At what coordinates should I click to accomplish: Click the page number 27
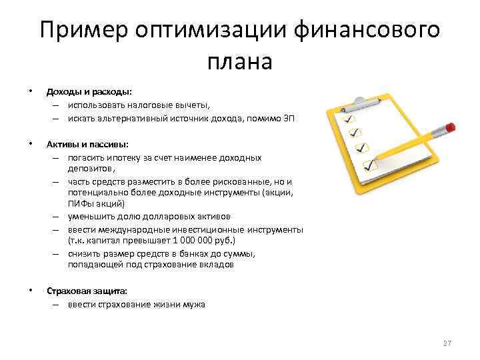tap(447, 343)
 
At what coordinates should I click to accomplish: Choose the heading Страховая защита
tap(85, 291)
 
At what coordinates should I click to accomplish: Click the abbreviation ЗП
tap(288, 118)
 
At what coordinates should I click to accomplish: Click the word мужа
tap(195, 304)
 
